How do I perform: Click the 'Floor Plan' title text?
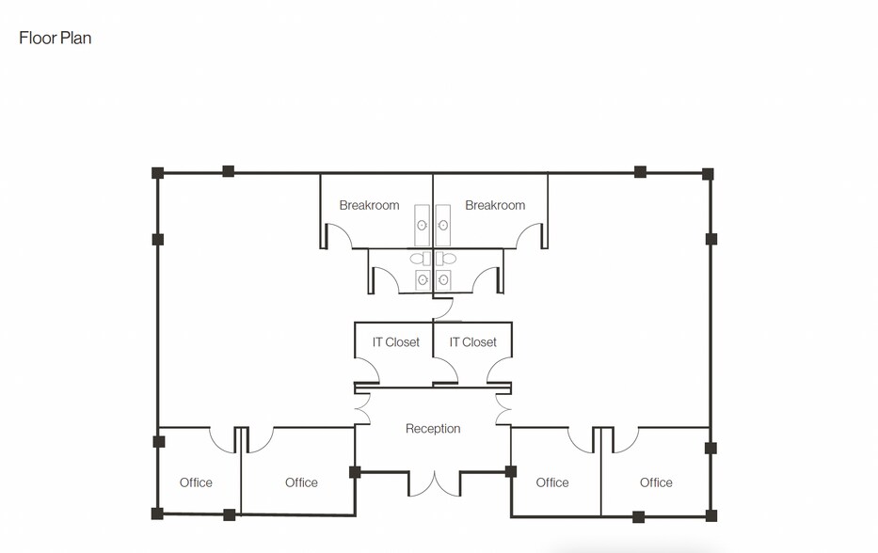(55, 39)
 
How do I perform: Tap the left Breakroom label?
(369, 205)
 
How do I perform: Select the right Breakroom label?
(495, 205)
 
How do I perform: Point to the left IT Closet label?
(395, 342)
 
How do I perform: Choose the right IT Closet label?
(472, 342)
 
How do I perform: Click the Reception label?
(433, 429)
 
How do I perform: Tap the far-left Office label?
(196, 482)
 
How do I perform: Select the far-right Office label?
(656, 482)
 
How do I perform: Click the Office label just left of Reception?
(301, 482)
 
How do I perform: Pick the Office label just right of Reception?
(552, 482)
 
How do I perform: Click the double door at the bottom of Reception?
(433, 484)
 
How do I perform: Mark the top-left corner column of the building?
(158, 173)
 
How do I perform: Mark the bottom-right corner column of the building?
(711, 515)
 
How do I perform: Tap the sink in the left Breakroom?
(423, 225)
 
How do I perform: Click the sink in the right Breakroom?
(443, 225)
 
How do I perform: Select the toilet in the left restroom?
(418, 259)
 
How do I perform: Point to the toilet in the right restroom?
(448, 259)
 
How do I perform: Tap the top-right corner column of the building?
(708, 174)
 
